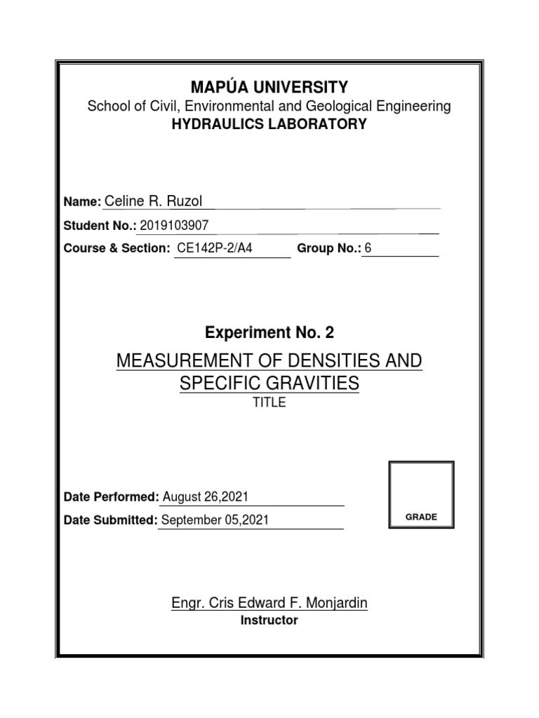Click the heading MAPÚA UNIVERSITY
[x=269, y=87]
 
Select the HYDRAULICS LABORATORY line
[x=269, y=125]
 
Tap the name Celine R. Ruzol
[x=153, y=202]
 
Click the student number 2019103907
[x=174, y=225]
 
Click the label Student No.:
[x=100, y=226]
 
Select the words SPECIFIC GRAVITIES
[x=269, y=384]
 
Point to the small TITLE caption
[x=269, y=403]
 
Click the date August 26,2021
[x=206, y=497]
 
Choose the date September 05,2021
[x=215, y=520]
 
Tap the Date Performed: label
[x=111, y=497]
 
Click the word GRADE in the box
[x=421, y=517]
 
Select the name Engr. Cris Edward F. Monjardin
[x=269, y=603]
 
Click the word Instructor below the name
[x=269, y=621]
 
